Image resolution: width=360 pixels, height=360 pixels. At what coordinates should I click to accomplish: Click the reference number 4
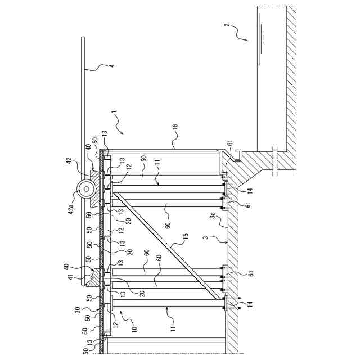111,66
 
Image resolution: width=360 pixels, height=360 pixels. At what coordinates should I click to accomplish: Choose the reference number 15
186,235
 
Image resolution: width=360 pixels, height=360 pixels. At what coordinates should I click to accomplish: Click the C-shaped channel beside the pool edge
238,153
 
